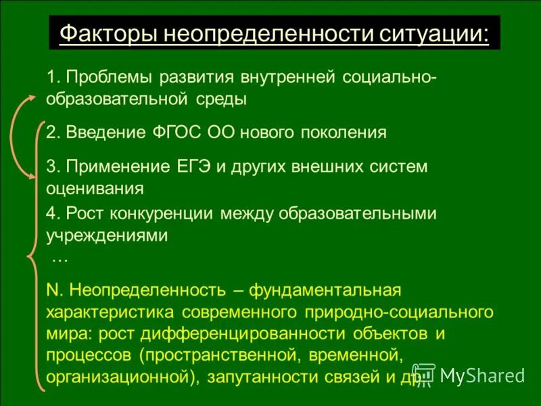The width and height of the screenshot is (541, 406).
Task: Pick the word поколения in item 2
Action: (x=345, y=132)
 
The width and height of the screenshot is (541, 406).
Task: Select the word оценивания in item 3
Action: (x=95, y=188)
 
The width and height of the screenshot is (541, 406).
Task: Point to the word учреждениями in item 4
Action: (x=106, y=235)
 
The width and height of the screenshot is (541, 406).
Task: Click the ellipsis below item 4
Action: (x=60, y=258)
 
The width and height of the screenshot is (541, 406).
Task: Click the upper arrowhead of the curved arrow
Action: (x=31, y=99)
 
